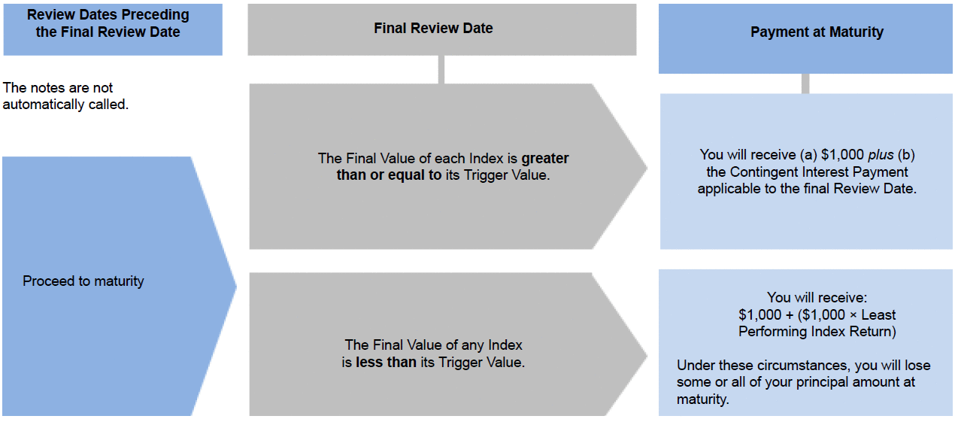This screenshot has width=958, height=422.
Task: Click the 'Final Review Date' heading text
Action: click(x=433, y=29)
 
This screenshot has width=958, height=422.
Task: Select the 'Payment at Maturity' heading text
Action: click(x=817, y=32)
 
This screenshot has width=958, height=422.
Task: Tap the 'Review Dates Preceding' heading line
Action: click(x=108, y=15)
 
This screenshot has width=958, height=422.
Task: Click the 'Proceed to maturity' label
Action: click(x=83, y=281)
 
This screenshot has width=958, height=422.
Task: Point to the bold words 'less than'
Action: click(x=387, y=363)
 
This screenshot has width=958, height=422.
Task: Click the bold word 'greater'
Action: click(x=545, y=159)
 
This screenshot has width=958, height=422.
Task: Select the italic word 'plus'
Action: click(x=881, y=155)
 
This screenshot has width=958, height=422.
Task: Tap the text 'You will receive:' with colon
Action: click(x=817, y=297)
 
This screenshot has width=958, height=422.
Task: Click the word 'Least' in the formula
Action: click(x=878, y=315)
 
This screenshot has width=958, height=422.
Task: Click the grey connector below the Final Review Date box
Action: click(x=441, y=69)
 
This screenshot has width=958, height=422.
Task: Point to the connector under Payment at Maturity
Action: click(x=805, y=83)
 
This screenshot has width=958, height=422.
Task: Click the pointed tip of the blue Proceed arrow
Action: click(x=236, y=286)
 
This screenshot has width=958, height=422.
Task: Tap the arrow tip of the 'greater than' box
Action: click(x=647, y=167)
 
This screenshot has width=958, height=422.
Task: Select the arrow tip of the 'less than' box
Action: click(x=647, y=356)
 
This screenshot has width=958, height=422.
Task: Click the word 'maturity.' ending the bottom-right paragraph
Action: click(x=702, y=399)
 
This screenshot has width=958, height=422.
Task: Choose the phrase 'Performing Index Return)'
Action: click(x=817, y=332)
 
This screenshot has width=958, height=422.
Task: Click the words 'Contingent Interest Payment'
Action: click(x=819, y=172)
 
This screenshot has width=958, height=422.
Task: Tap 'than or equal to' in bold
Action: click(x=389, y=175)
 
